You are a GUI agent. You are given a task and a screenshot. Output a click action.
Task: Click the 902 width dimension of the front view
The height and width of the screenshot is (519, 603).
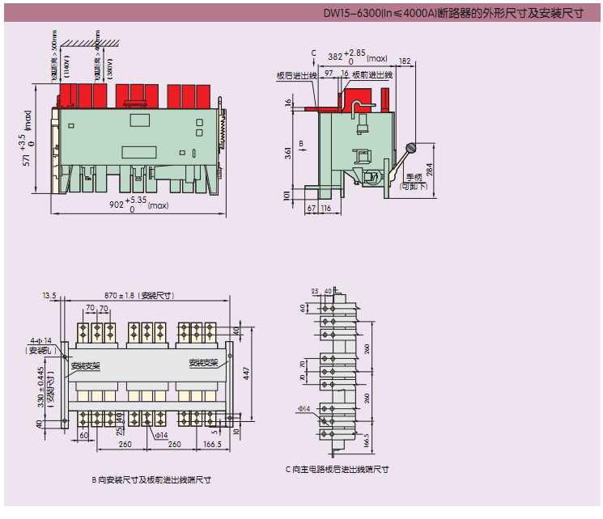point(118,205)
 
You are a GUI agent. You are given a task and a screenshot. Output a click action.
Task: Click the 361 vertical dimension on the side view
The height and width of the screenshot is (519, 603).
point(288,153)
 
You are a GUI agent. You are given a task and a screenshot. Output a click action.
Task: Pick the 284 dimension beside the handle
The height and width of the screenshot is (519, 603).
point(429,169)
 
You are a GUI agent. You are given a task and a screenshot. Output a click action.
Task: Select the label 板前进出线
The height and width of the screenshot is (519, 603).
point(372,75)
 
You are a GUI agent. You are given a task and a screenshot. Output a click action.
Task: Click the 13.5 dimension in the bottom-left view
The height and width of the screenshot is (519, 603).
point(49,296)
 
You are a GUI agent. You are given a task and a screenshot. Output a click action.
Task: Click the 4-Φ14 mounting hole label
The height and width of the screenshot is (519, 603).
point(40,340)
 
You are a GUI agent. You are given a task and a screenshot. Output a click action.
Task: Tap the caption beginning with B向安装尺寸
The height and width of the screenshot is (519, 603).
point(151,479)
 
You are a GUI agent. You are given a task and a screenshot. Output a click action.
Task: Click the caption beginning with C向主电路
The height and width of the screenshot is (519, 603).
point(337,469)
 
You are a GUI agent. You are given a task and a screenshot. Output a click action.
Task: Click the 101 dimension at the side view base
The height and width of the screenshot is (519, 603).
point(288,195)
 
